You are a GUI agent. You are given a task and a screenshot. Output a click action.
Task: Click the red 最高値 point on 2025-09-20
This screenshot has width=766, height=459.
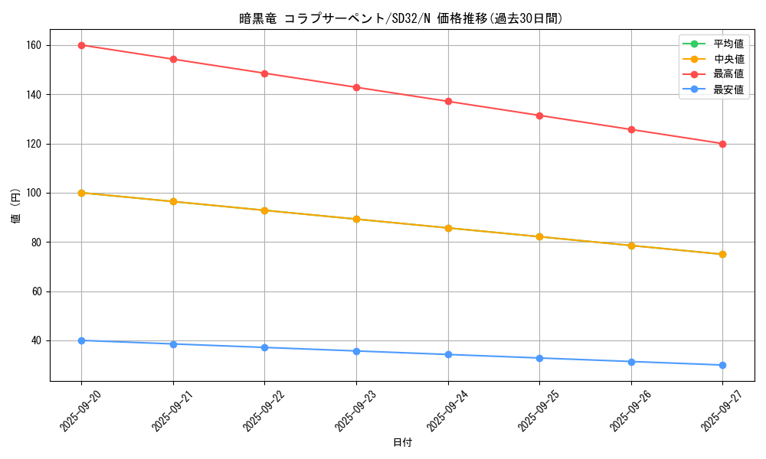(x=81, y=45)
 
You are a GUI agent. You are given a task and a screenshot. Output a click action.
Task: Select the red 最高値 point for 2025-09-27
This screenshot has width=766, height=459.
(x=722, y=144)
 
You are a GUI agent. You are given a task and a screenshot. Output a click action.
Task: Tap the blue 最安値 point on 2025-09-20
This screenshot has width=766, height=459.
(x=81, y=340)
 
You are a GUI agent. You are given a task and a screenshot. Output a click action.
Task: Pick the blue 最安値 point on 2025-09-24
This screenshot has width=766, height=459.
(x=448, y=354)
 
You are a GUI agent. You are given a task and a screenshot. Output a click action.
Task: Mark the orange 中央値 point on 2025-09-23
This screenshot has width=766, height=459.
(x=356, y=219)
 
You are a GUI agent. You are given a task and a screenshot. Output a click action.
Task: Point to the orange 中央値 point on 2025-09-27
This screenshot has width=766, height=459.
(x=722, y=254)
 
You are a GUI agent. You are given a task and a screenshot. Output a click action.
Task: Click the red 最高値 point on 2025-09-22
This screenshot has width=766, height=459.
(x=264, y=73)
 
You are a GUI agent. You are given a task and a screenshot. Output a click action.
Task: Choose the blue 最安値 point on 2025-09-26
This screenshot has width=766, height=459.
(x=631, y=362)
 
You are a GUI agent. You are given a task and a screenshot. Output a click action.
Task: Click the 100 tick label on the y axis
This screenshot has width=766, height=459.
(x=34, y=193)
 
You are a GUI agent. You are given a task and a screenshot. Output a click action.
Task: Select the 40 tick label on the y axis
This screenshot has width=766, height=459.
(x=36, y=340)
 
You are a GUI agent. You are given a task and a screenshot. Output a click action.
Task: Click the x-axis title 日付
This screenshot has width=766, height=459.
(x=402, y=443)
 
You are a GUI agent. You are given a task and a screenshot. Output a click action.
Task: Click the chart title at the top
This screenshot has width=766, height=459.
(x=402, y=18)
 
